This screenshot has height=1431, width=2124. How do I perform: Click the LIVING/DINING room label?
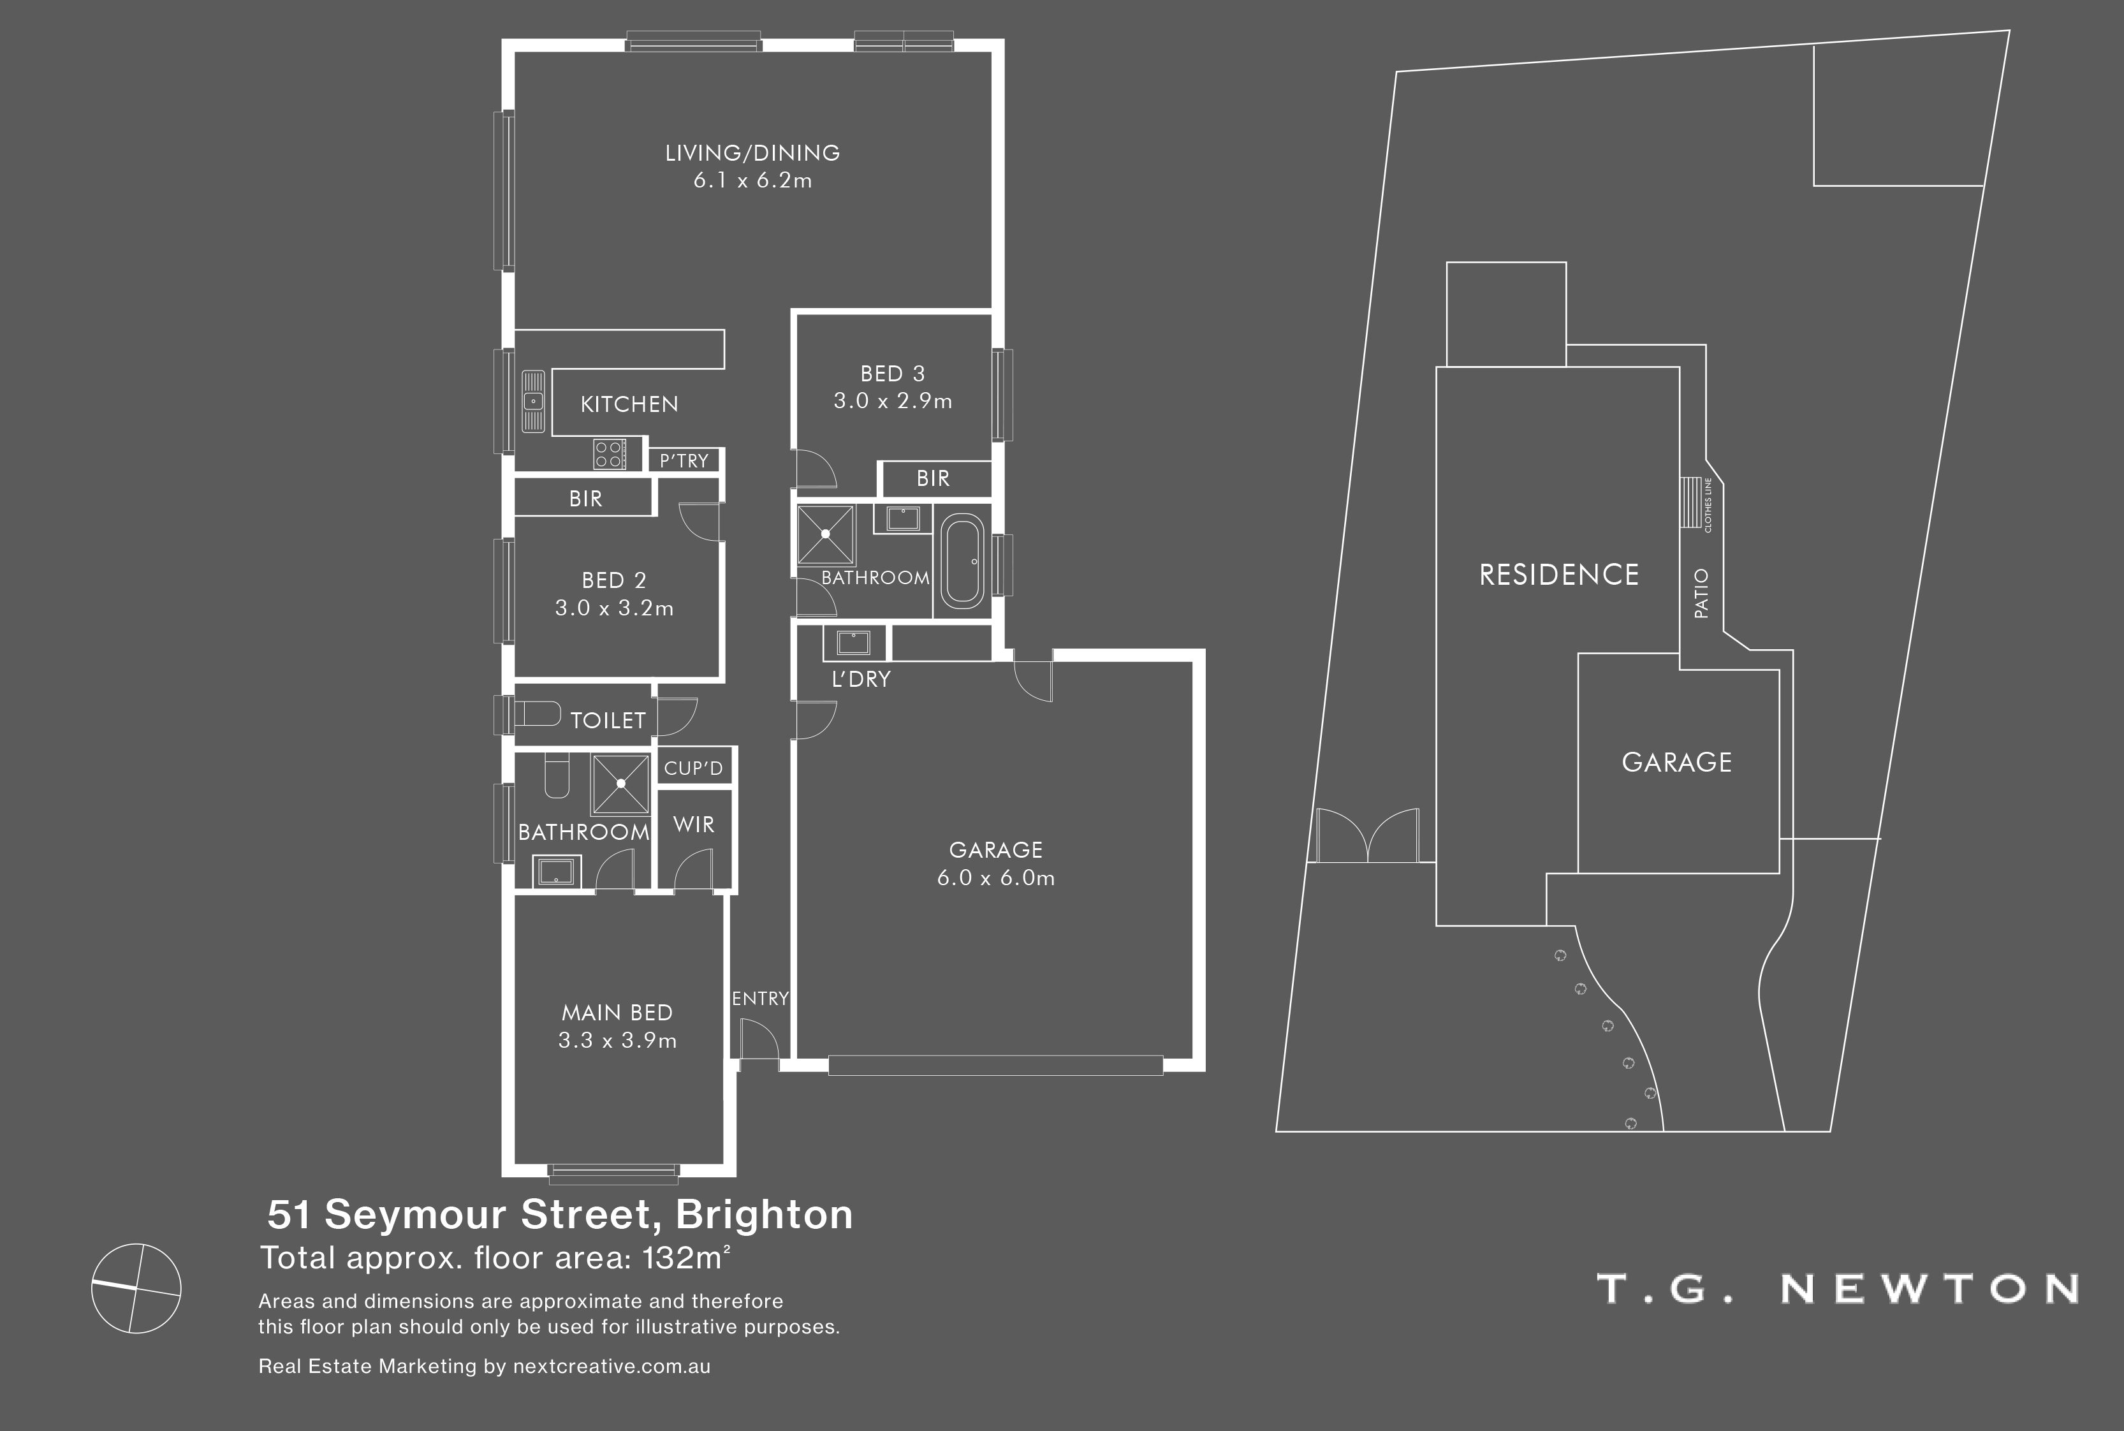click(x=752, y=152)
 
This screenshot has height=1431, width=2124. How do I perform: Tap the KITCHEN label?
click(x=629, y=404)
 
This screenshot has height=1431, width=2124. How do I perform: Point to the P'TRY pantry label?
click(x=684, y=461)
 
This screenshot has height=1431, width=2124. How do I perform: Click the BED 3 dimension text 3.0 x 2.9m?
click(x=893, y=400)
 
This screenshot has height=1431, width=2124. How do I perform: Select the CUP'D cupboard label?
click(x=693, y=768)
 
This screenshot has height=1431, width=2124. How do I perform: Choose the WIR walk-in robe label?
click(x=693, y=825)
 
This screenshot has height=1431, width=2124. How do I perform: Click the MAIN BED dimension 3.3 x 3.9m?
click(x=618, y=1040)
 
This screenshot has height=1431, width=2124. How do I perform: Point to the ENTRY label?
click(x=760, y=999)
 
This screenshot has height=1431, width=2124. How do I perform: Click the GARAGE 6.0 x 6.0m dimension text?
click(x=996, y=878)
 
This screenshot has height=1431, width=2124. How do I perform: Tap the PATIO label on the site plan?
click(x=1701, y=593)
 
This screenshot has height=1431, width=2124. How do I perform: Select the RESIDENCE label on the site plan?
click(x=1559, y=575)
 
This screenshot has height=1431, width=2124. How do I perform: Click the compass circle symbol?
click(x=137, y=1289)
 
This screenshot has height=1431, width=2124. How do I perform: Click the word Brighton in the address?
click(x=765, y=1215)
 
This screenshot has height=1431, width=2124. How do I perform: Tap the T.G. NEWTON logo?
click(x=1838, y=1289)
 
